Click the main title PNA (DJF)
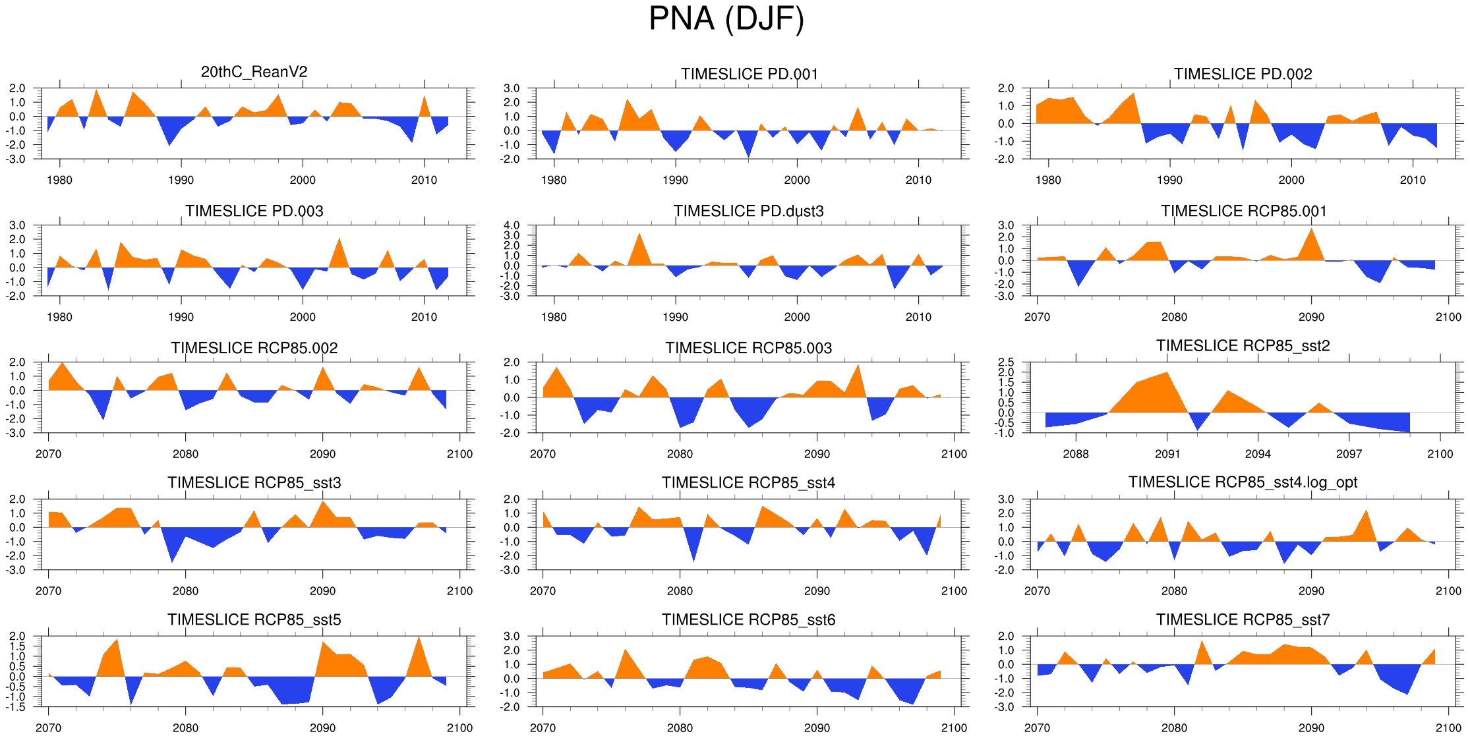coord(726,18)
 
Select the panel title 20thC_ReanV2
coord(254,72)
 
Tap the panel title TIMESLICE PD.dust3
coord(748,211)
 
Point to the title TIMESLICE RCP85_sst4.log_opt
coord(1243,482)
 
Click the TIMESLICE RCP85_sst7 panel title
coord(1243,619)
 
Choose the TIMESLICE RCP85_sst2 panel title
coord(1243,346)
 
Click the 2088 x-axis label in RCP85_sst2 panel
coord(1076,454)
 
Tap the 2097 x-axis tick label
coord(1349,454)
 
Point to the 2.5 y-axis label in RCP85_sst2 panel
coord(1006,362)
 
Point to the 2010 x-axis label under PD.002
coord(1413,180)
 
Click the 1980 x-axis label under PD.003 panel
coord(59,317)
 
